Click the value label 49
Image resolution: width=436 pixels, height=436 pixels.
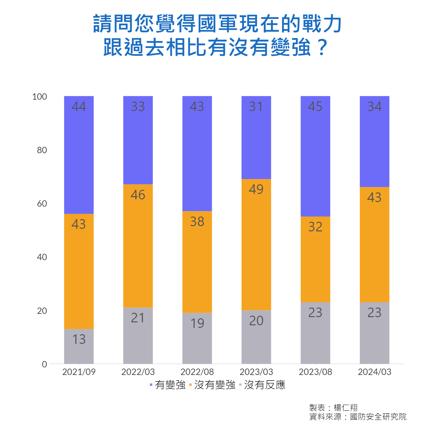[x=256, y=189]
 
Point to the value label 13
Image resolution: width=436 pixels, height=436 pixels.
[x=79, y=339]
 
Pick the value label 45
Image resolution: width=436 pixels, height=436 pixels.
[x=315, y=106]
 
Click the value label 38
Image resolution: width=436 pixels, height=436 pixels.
[x=197, y=221]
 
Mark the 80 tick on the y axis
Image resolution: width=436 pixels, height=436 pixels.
[x=42, y=150]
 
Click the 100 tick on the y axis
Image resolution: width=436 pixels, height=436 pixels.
[x=40, y=97]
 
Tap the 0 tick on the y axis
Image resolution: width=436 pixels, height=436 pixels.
[x=44, y=364]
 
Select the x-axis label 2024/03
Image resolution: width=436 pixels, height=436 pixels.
[x=374, y=372]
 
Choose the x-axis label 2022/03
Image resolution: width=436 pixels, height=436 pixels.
[x=138, y=372]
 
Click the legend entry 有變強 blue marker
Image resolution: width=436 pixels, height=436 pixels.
[x=151, y=385]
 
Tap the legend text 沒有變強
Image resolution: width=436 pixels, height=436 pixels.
[x=215, y=385]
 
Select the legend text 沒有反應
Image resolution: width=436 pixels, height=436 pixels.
[x=265, y=385]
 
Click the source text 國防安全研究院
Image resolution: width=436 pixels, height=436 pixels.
[x=378, y=417]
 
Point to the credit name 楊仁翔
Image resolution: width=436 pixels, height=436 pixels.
[x=346, y=408]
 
